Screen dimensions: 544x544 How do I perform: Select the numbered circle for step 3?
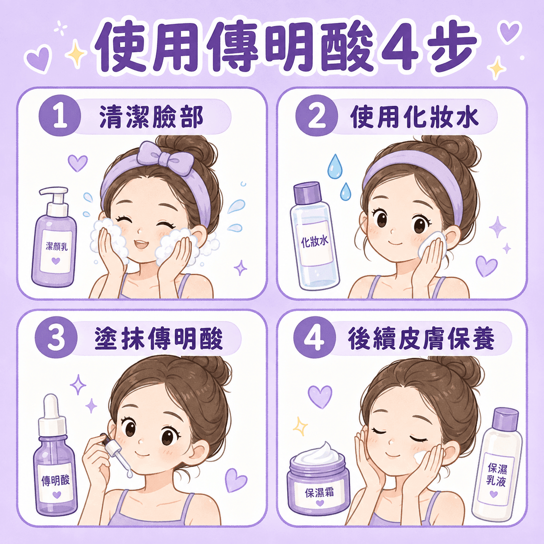[56, 338]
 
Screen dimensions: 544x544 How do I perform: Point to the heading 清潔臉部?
[151, 117]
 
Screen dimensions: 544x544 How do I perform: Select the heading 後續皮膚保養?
[421, 339]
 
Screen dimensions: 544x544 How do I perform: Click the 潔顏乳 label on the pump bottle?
[56, 248]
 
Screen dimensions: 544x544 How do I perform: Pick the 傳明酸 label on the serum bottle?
[56, 480]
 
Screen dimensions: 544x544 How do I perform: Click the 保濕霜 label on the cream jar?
[319, 493]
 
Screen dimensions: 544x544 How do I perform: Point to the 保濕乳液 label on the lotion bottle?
[497, 475]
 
